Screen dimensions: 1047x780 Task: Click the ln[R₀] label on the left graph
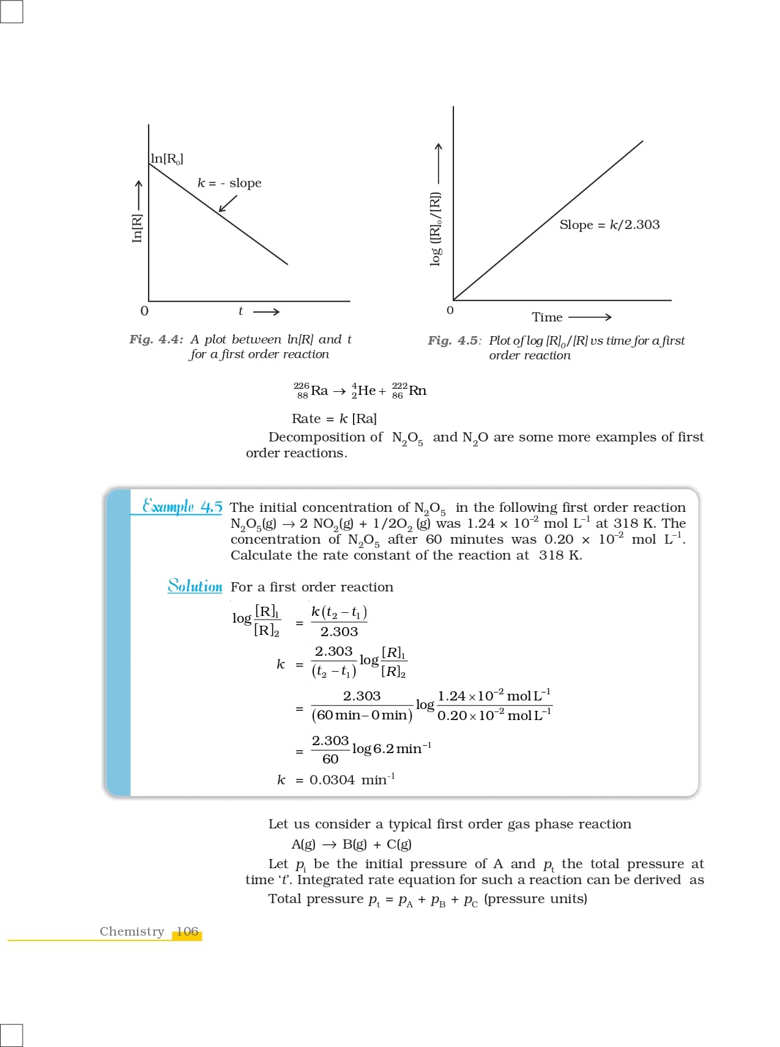point(166,159)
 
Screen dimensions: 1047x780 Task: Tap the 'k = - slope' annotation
point(229,183)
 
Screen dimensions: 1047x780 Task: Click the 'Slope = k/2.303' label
point(609,225)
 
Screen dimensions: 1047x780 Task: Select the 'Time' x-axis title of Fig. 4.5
point(547,317)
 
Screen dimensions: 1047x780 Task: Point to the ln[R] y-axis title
point(137,227)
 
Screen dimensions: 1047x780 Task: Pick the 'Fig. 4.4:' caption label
point(156,339)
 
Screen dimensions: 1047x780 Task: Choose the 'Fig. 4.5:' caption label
point(454,340)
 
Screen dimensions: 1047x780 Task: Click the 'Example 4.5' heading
point(182,507)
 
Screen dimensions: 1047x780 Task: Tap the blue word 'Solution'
point(195,586)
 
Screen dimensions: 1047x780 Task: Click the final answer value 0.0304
point(332,780)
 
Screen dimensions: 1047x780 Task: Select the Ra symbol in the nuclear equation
point(319,391)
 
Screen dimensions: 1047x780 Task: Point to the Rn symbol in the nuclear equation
point(417,391)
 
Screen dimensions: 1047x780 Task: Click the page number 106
point(187,931)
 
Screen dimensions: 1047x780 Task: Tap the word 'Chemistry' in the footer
point(132,931)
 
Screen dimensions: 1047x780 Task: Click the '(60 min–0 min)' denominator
point(362,715)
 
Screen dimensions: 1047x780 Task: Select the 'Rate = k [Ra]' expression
point(334,419)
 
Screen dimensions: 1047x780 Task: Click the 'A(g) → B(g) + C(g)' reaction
point(351,844)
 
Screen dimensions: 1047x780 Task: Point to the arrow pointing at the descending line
point(228,204)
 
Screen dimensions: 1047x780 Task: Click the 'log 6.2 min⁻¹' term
point(392,749)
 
